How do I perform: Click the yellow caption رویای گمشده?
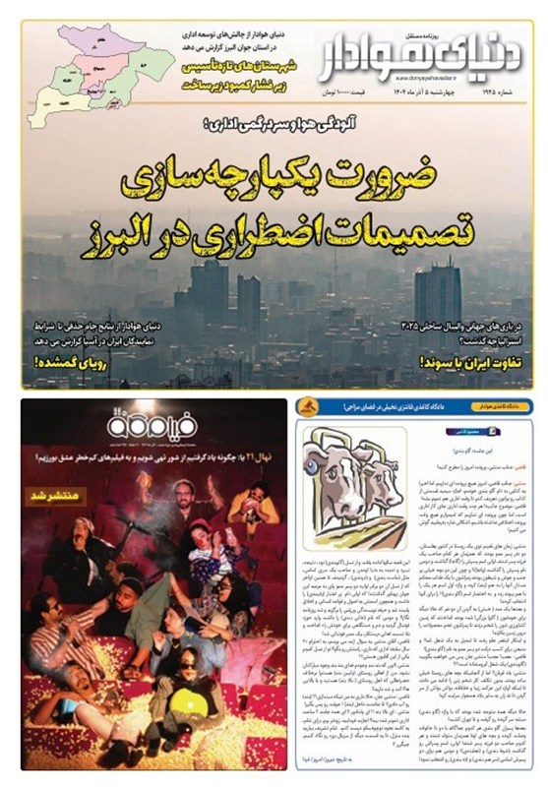(x=70, y=360)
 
